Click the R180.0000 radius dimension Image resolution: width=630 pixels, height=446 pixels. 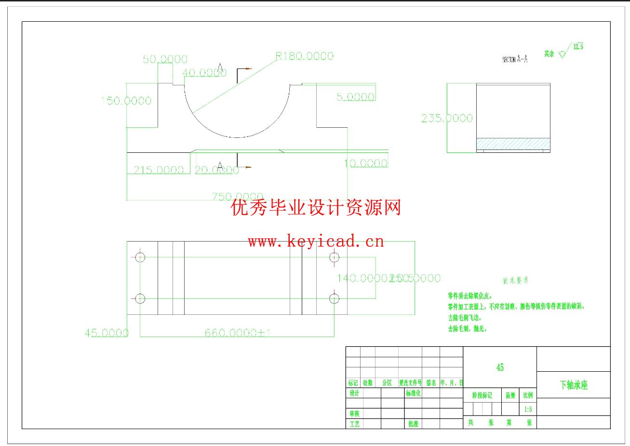pyautogui.click(x=304, y=56)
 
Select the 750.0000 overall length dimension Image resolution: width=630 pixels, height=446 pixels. pyautogui.click(x=237, y=197)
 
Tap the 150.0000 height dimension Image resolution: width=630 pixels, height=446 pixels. pyautogui.click(x=126, y=101)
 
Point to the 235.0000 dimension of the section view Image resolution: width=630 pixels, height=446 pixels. pyautogui.click(x=447, y=118)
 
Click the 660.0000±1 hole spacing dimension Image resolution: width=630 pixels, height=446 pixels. pyautogui.click(x=237, y=333)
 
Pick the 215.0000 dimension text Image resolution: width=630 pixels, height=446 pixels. pyautogui.click(x=159, y=170)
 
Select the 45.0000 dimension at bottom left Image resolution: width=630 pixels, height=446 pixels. pyautogui.click(x=107, y=333)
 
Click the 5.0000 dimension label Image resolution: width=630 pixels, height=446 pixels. pyautogui.click(x=355, y=97)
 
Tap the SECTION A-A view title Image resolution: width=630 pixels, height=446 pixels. pyautogui.click(x=515, y=59)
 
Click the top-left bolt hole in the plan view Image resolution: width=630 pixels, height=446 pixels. pyautogui.click(x=140, y=257)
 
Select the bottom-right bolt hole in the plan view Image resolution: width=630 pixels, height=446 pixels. pyautogui.click(x=334, y=299)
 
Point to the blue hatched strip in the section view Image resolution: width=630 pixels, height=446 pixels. pyautogui.click(x=513, y=143)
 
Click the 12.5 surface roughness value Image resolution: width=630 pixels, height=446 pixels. pyautogui.click(x=578, y=47)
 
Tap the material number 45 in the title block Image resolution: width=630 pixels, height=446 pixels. pyautogui.click(x=500, y=367)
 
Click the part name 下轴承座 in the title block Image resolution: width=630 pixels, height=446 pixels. pyautogui.click(x=574, y=385)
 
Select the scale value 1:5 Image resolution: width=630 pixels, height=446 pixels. pyautogui.click(x=528, y=409)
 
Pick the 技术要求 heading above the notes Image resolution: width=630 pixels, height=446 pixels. pyautogui.click(x=516, y=280)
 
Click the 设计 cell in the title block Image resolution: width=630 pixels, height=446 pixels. pyautogui.click(x=354, y=393)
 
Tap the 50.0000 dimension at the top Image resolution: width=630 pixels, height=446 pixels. pyautogui.click(x=165, y=59)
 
